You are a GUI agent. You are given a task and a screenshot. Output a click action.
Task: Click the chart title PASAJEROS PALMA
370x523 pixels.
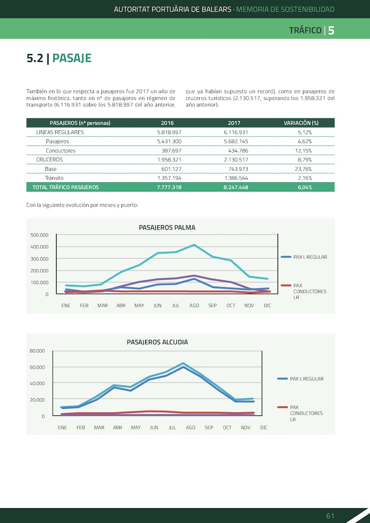coord(167,228)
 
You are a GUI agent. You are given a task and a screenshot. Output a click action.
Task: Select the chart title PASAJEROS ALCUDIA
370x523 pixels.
coord(157,342)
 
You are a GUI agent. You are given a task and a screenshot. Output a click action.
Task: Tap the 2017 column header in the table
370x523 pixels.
coord(234,123)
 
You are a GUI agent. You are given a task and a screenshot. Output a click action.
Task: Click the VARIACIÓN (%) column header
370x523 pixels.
coord(301,123)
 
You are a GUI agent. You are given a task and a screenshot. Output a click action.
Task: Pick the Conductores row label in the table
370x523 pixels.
coord(61,150)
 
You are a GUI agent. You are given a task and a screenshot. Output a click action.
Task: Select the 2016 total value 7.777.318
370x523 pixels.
coord(169,187)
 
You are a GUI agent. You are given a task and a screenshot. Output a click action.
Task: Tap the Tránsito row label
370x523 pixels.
coord(55,178)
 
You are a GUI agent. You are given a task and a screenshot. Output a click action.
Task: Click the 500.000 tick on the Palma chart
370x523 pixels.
coord(39,235)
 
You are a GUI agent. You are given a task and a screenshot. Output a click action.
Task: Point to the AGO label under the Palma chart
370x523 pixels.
coord(194,306)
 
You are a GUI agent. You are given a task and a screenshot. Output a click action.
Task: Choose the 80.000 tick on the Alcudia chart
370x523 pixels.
coord(37,351)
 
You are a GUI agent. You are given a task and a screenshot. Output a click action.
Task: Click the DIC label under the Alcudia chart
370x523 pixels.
coord(264,428)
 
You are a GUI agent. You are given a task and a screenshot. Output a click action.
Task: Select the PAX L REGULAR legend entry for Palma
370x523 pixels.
coord(304,257)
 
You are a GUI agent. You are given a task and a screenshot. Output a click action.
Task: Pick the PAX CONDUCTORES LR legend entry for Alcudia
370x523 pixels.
coord(300,413)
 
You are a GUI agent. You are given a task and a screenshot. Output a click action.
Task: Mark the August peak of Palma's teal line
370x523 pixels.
coord(195,245)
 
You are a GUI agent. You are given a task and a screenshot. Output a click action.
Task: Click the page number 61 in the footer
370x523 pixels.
coord(330,516)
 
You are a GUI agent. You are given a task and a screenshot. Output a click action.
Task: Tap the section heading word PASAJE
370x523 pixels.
coord(72,58)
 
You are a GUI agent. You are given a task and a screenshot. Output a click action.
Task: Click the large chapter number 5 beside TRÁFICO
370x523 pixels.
coord(331,31)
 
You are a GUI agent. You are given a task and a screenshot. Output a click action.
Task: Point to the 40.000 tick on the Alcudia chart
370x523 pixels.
coord(37,383)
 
